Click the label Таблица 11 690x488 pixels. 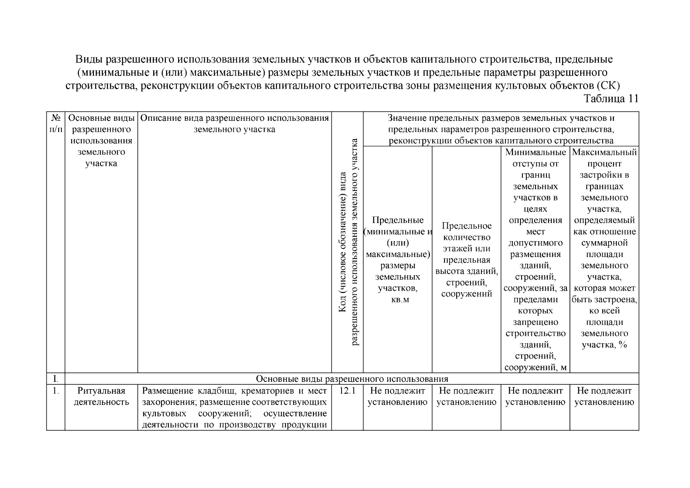[611, 99]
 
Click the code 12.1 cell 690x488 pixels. [347, 391]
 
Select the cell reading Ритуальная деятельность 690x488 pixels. [101, 396]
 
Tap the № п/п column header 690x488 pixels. [56, 124]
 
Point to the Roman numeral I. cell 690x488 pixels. [56, 379]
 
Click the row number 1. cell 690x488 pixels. [56, 391]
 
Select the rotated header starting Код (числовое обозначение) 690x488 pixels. [348, 242]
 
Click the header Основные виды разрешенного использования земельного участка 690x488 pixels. [101, 141]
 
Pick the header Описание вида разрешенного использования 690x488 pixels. [235, 124]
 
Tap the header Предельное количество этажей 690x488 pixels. [466, 260]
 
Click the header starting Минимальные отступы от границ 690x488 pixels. [535, 260]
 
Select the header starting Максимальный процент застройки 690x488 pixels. [604, 248]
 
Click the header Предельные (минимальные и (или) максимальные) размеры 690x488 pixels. [398, 260]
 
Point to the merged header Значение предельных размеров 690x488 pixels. [501, 129]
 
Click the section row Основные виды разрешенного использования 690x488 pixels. [352, 379]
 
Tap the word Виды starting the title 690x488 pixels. [89, 59]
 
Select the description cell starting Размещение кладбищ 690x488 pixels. [235, 408]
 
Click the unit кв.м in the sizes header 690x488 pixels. [398, 300]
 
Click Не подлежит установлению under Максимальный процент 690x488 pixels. [604, 396]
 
